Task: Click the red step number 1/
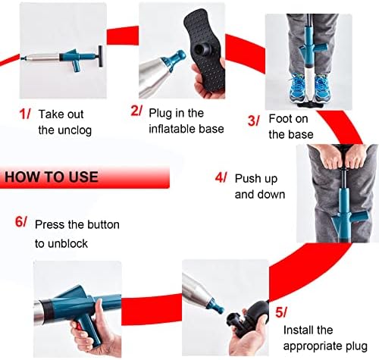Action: coord(25,114)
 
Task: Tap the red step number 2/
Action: coord(136,111)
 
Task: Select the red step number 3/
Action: coord(253,121)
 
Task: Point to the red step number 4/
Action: coord(221,177)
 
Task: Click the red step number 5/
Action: coord(281,312)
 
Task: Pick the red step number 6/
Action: coord(20,221)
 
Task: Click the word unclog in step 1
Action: coord(74,130)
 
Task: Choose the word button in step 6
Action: coord(102,225)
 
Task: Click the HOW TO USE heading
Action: coord(52,177)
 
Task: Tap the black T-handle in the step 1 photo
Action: coord(101,57)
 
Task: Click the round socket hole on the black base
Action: coord(202,49)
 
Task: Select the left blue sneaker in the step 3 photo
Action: coord(298,87)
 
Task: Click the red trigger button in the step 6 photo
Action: coord(79,327)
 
